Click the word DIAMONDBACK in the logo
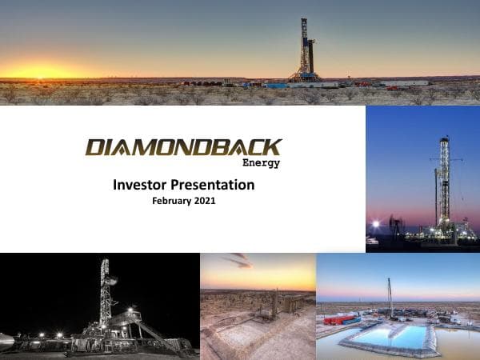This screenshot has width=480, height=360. coord(183,146)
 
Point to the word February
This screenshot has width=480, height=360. coord(171,201)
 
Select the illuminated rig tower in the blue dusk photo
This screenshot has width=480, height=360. coord(443,184)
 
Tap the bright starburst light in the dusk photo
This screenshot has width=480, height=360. coord(375,224)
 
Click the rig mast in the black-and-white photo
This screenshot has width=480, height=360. coord(104,292)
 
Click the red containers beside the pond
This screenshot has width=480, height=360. coord(341,320)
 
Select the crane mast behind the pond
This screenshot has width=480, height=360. coord(390,296)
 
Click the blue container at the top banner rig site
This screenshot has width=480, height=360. coord(277,85)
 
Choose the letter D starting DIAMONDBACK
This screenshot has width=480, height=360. coord(95,147)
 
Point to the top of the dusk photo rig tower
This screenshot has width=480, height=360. coord(444,140)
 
